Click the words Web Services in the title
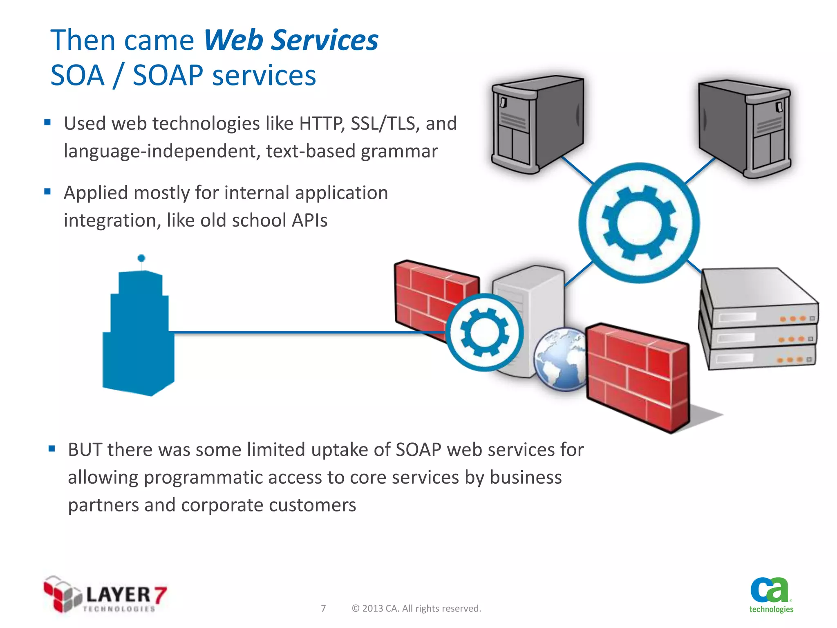point(291,41)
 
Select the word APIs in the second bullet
point(309,221)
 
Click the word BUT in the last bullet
point(85,450)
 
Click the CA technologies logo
point(771,595)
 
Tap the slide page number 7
point(323,608)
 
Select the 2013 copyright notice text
point(416,608)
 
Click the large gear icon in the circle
point(639,223)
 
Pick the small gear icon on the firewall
point(485,332)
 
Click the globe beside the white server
point(560,359)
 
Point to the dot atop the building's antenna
point(141,258)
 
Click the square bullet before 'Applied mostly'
point(47,191)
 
